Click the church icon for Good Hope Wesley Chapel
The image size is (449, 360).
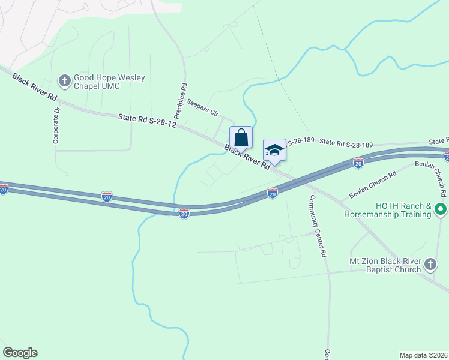(64, 80)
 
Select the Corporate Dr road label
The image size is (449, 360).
(57, 125)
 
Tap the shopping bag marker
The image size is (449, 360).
(241, 137)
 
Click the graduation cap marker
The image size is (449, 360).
(274, 150)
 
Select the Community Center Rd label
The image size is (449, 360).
(318, 226)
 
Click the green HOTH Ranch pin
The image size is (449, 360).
(441, 211)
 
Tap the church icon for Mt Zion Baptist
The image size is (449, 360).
(430, 264)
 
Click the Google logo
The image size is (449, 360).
(20, 353)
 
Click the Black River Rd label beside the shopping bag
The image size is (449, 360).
(247, 157)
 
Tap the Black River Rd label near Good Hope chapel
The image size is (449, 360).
(35, 88)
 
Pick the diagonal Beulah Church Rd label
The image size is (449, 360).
(373, 185)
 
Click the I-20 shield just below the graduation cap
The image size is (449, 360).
(273, 193)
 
